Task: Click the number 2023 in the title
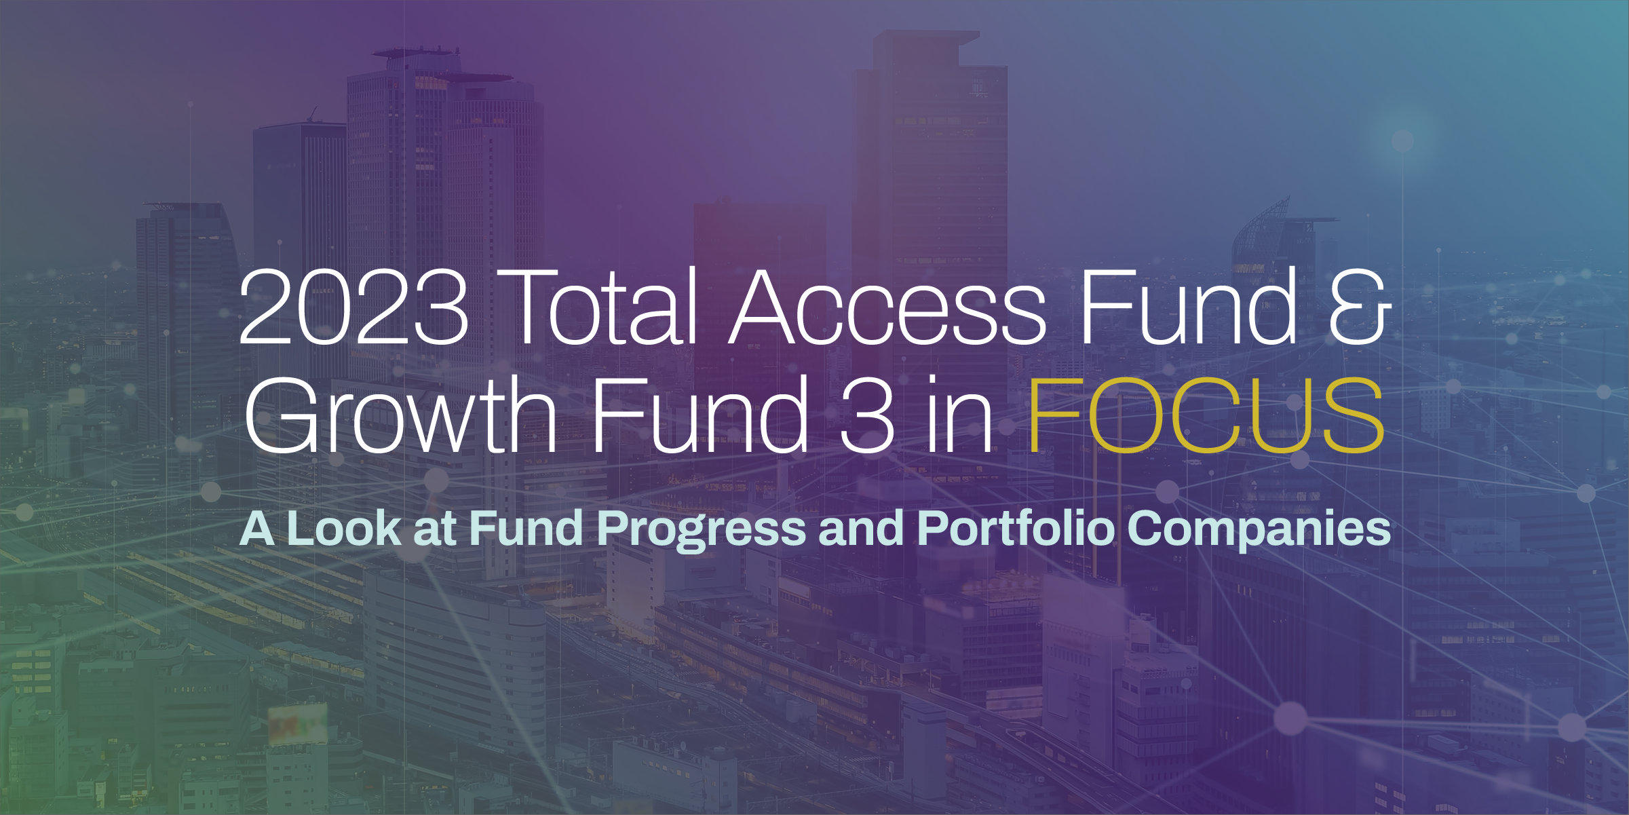point(353,306)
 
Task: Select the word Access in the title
point(888,306)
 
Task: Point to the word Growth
point(401,415)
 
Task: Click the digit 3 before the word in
point(867,415)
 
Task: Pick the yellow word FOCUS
point(1206,415)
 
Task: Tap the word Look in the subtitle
point(344,529)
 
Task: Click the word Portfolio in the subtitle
point(1016,529)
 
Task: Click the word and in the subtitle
point(862,529)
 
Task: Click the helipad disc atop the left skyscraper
point(416,53)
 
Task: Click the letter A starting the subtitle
point(257,529)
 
